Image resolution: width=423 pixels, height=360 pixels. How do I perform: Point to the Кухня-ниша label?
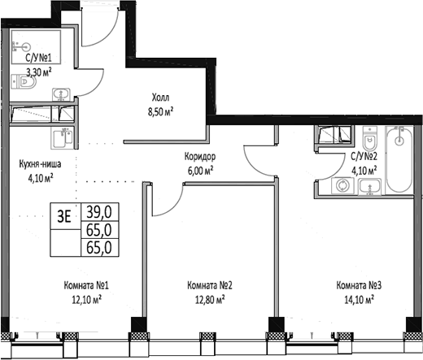coord(37,163)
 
